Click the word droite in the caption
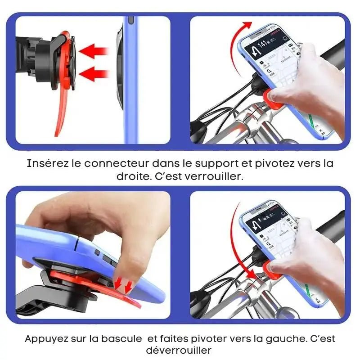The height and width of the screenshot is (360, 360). [132, 176]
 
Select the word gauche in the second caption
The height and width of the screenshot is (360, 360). [277, 338]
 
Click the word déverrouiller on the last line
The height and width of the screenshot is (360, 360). [179, 351]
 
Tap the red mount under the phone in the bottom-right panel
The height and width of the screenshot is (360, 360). [272, 270]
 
